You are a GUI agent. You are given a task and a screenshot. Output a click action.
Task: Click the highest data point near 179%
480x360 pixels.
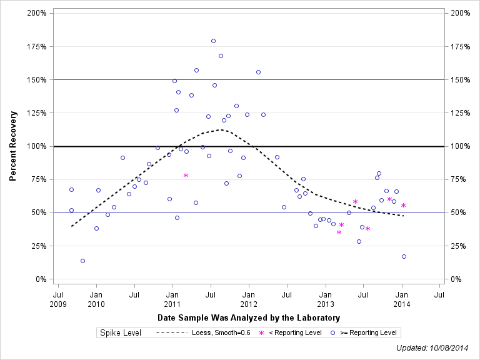pos(213,41)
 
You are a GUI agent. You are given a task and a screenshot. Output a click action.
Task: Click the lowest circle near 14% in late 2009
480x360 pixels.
pos(82,261)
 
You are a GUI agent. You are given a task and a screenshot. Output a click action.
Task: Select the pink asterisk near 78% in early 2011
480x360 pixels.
pos(186,176)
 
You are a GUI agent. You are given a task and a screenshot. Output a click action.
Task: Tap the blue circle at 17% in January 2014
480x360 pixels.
pos(404,256)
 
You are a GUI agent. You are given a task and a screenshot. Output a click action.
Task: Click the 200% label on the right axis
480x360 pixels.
pos(461,13)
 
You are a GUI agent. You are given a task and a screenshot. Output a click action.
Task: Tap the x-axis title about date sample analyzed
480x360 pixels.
pos(249,318)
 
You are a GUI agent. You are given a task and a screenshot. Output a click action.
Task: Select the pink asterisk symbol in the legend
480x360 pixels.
pos(262,332)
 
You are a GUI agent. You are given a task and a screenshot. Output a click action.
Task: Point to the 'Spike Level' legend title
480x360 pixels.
pos(121,332)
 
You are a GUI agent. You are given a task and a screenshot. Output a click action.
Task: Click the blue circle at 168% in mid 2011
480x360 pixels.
pos(221,56)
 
